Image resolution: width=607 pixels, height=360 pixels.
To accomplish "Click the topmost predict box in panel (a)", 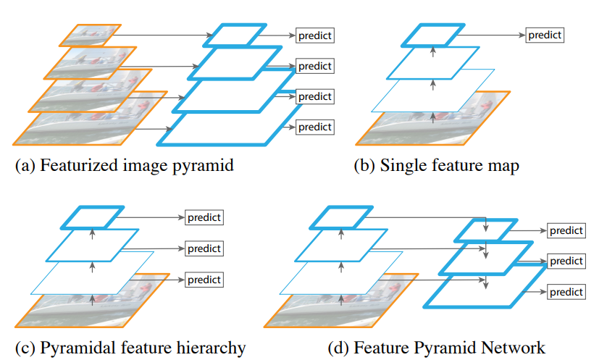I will point(314,35).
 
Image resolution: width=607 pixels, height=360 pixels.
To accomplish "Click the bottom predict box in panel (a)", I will point(314,127).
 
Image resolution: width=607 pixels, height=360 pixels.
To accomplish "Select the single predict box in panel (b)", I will point(544,34).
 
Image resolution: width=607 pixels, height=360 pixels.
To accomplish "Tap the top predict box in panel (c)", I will point(204,217).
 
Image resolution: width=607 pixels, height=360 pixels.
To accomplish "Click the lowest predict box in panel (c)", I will point(204,279).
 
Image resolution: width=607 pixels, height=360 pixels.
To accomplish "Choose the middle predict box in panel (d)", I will point(566,261).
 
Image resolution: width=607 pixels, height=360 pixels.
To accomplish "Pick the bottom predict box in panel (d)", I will point(566,292).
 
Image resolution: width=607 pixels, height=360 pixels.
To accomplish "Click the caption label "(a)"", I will point(25,165).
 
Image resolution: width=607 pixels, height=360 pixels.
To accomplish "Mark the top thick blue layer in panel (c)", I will point(92,217).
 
